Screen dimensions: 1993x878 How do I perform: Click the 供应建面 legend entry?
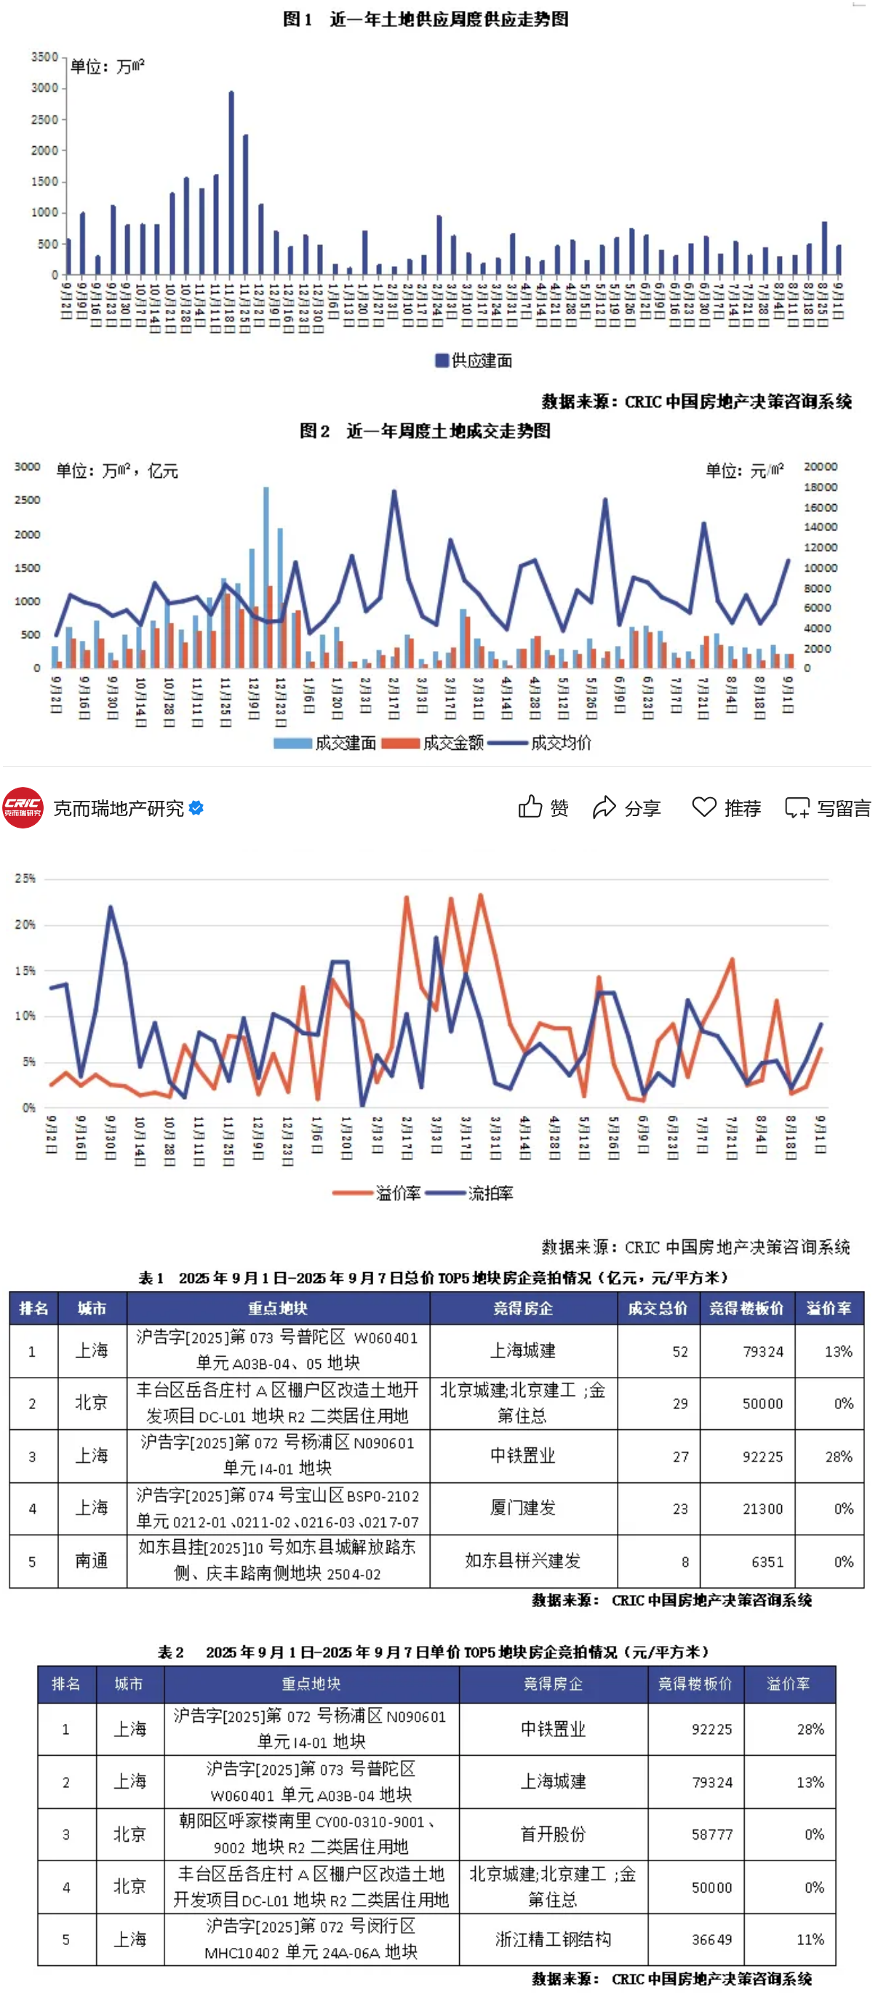[x=474, y=361]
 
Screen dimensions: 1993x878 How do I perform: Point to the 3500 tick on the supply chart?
[x=44, y=57]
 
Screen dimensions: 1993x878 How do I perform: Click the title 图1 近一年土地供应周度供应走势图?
[x=426, y=19]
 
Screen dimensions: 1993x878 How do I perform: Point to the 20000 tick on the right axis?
[x=820, y=466]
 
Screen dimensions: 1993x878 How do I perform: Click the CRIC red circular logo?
[x=23, y=807]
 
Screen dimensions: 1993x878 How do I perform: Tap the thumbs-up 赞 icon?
[x=531, y=807]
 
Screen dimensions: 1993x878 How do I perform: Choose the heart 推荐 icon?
[x=704, y=807]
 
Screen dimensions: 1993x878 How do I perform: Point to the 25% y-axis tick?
[x=25, y=878]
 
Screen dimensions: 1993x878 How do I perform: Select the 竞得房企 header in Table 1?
[x=523, y=1309]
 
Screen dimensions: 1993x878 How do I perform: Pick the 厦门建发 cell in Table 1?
[x=523, y=1508]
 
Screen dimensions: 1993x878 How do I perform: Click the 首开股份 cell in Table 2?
[x=552, y=1834]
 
